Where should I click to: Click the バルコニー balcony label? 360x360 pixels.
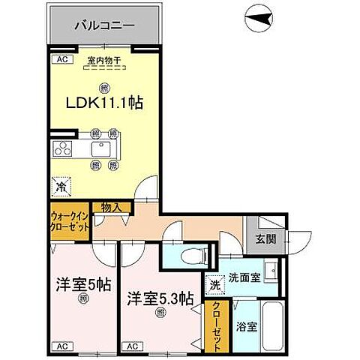click(x=105, y=25)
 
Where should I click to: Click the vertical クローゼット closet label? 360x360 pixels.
click(x=216, y=325)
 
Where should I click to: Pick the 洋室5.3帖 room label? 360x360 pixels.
click(x=159, y=298)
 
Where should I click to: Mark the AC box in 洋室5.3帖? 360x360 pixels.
click(x=131, y=346)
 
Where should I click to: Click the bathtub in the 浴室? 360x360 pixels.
click(x=271, y=324)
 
